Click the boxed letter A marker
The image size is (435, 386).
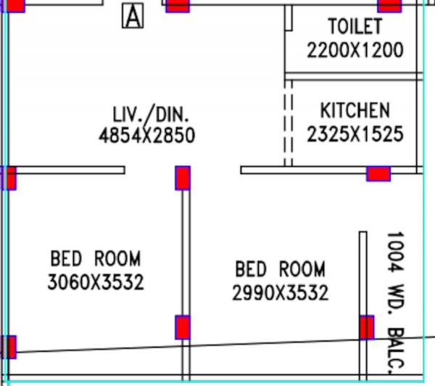(x=133, y=15)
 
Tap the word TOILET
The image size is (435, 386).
(x=355, y=27)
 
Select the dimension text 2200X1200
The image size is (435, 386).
(x=355, y=50)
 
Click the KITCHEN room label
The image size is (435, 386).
(x=355, y=110)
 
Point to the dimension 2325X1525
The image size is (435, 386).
(x=355, y=134)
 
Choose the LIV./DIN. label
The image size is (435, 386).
(x=151, y=113)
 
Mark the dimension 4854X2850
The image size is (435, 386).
(x=147, y=135)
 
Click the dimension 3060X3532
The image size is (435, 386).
(x=96, y=282)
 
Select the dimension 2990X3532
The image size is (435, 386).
(x=280, y=293)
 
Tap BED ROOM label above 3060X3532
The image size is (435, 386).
(x=96, y=258)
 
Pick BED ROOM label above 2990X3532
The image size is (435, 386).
(x=280, y=270)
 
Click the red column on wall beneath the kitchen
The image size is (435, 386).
(x=378, y=173)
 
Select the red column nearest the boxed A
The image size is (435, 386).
(x=178, y=6)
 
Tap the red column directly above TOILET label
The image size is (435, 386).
(x=389, y=6)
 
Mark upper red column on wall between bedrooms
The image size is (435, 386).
(x=183, y=178)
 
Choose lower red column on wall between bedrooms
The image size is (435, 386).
(x=183, y=327)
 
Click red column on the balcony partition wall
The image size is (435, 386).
(x=367, y=327)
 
